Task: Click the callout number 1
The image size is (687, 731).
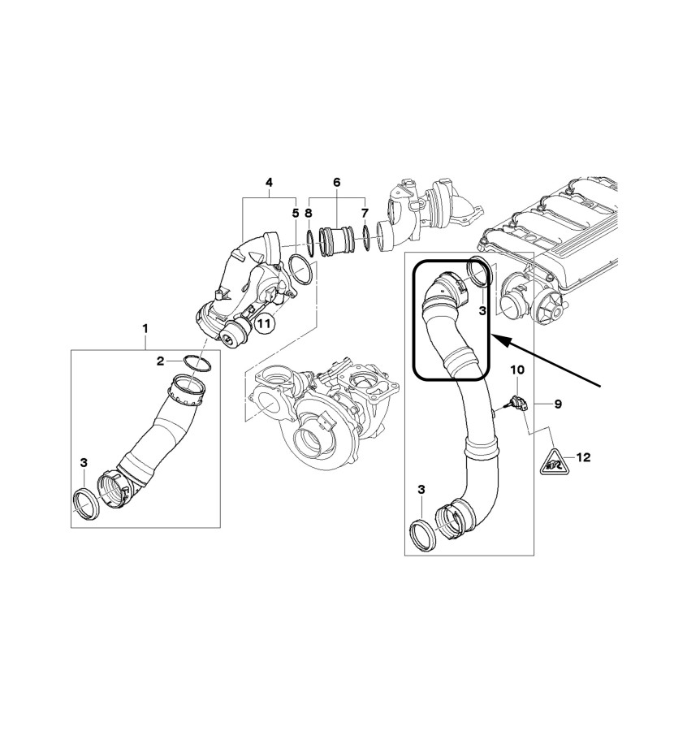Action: (x=145, y=329)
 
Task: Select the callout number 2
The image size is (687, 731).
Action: (x=160, y=361)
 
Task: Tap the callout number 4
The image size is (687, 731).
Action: (x=269, y=182)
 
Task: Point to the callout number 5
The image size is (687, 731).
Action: (x=295, y=214)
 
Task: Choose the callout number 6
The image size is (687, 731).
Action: (x=337, y=182)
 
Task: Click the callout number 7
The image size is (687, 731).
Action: (x=365, y=214)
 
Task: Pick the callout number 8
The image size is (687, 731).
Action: (x=308, y=214)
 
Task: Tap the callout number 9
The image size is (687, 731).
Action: (x=558, y=404)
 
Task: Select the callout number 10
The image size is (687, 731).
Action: (x=517, y=370)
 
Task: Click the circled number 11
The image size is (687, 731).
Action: (x=264, y=323)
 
